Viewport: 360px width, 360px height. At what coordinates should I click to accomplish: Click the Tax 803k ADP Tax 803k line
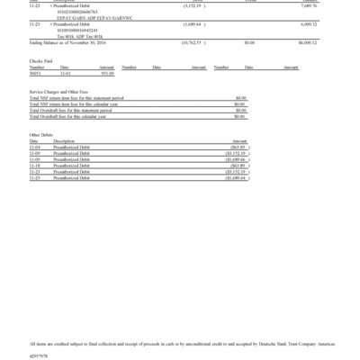pyautogui.click(x=91, y=35)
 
